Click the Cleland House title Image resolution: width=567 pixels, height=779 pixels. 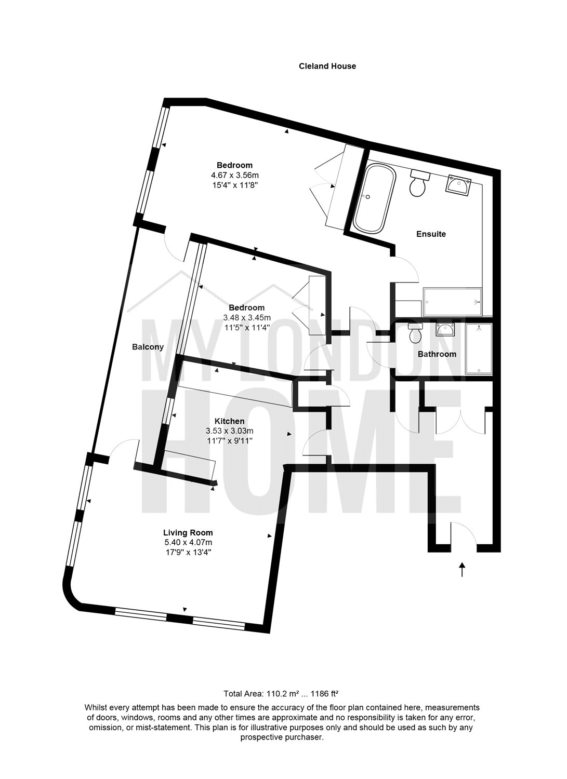point(327,66)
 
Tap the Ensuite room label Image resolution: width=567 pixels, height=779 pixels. point(431,234)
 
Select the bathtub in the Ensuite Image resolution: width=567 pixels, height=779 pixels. point(375,198)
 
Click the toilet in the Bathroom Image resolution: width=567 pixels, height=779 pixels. point(415,332)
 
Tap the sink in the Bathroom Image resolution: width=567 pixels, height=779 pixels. point(445,329)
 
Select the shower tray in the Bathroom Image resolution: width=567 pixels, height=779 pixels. point(479,349)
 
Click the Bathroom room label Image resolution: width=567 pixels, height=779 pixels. point(437,354)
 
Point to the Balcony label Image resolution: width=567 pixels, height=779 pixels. point(148,347)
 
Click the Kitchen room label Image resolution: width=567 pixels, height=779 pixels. point(229,421)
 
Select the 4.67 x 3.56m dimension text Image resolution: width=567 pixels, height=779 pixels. point(238,175)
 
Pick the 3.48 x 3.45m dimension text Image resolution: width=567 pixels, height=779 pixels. point(247,317)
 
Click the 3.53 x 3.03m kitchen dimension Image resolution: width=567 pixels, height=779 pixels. point(229,431)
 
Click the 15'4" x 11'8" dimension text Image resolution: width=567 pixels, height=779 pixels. point(238,185)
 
